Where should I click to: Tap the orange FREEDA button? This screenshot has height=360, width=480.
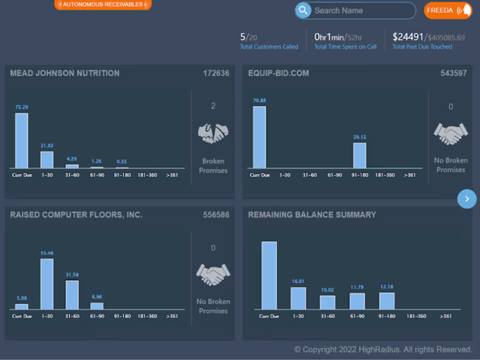(x=448, y=10)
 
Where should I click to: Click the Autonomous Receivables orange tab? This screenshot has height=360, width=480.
(x=103, y=4)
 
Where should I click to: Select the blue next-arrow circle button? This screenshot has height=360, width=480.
(x=467, y=199)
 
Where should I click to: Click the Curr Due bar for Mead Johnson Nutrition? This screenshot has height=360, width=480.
(x=22, y=140)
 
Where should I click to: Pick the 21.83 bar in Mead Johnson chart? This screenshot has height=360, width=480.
(x=47, y=160)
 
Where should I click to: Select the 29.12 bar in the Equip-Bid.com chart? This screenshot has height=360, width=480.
(x=359, y=155)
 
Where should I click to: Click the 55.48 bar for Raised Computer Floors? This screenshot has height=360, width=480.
(x=47, y=284)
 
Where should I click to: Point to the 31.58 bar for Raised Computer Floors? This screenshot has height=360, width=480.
(x=72, y=295)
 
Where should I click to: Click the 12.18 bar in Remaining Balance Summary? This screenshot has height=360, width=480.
(x=387, y=301)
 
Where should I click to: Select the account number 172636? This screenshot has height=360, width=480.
(x=216, y=73)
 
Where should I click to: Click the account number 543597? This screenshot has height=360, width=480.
(x=454, y=73)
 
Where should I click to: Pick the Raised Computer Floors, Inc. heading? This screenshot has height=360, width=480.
(x=76, y=214)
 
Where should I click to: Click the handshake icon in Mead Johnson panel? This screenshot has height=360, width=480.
(x=213, y=133)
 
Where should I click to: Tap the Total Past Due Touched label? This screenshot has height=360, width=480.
(x=422, y=47)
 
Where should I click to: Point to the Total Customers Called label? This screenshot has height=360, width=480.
(x=269, y=47)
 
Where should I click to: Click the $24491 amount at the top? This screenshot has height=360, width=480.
(x=407, y=37)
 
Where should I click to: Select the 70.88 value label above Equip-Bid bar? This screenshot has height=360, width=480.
(x=259, y=101)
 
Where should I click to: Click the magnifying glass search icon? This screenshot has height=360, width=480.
(x=303, y=10)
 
